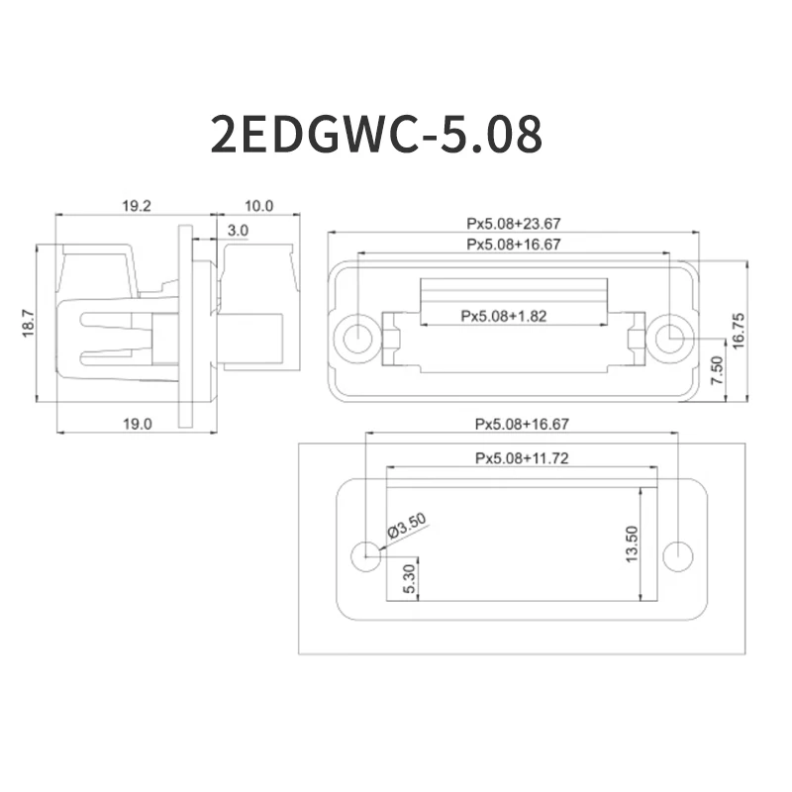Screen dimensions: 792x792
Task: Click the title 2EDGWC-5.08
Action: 376,134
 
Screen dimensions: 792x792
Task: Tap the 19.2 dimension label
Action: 136,206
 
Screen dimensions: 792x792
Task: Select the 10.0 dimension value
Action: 257,206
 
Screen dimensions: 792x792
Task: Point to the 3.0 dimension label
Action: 238,230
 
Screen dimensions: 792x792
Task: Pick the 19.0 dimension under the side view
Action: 137,424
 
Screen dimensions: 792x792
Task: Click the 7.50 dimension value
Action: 718,370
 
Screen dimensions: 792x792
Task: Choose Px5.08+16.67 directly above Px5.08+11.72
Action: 521,425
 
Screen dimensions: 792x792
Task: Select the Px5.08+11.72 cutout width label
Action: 521,457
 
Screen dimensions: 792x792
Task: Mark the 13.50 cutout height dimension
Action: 632,542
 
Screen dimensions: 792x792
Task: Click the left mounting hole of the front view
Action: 355,339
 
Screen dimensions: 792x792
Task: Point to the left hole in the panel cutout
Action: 366,554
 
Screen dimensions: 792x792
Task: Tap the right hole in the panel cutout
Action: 678,554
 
